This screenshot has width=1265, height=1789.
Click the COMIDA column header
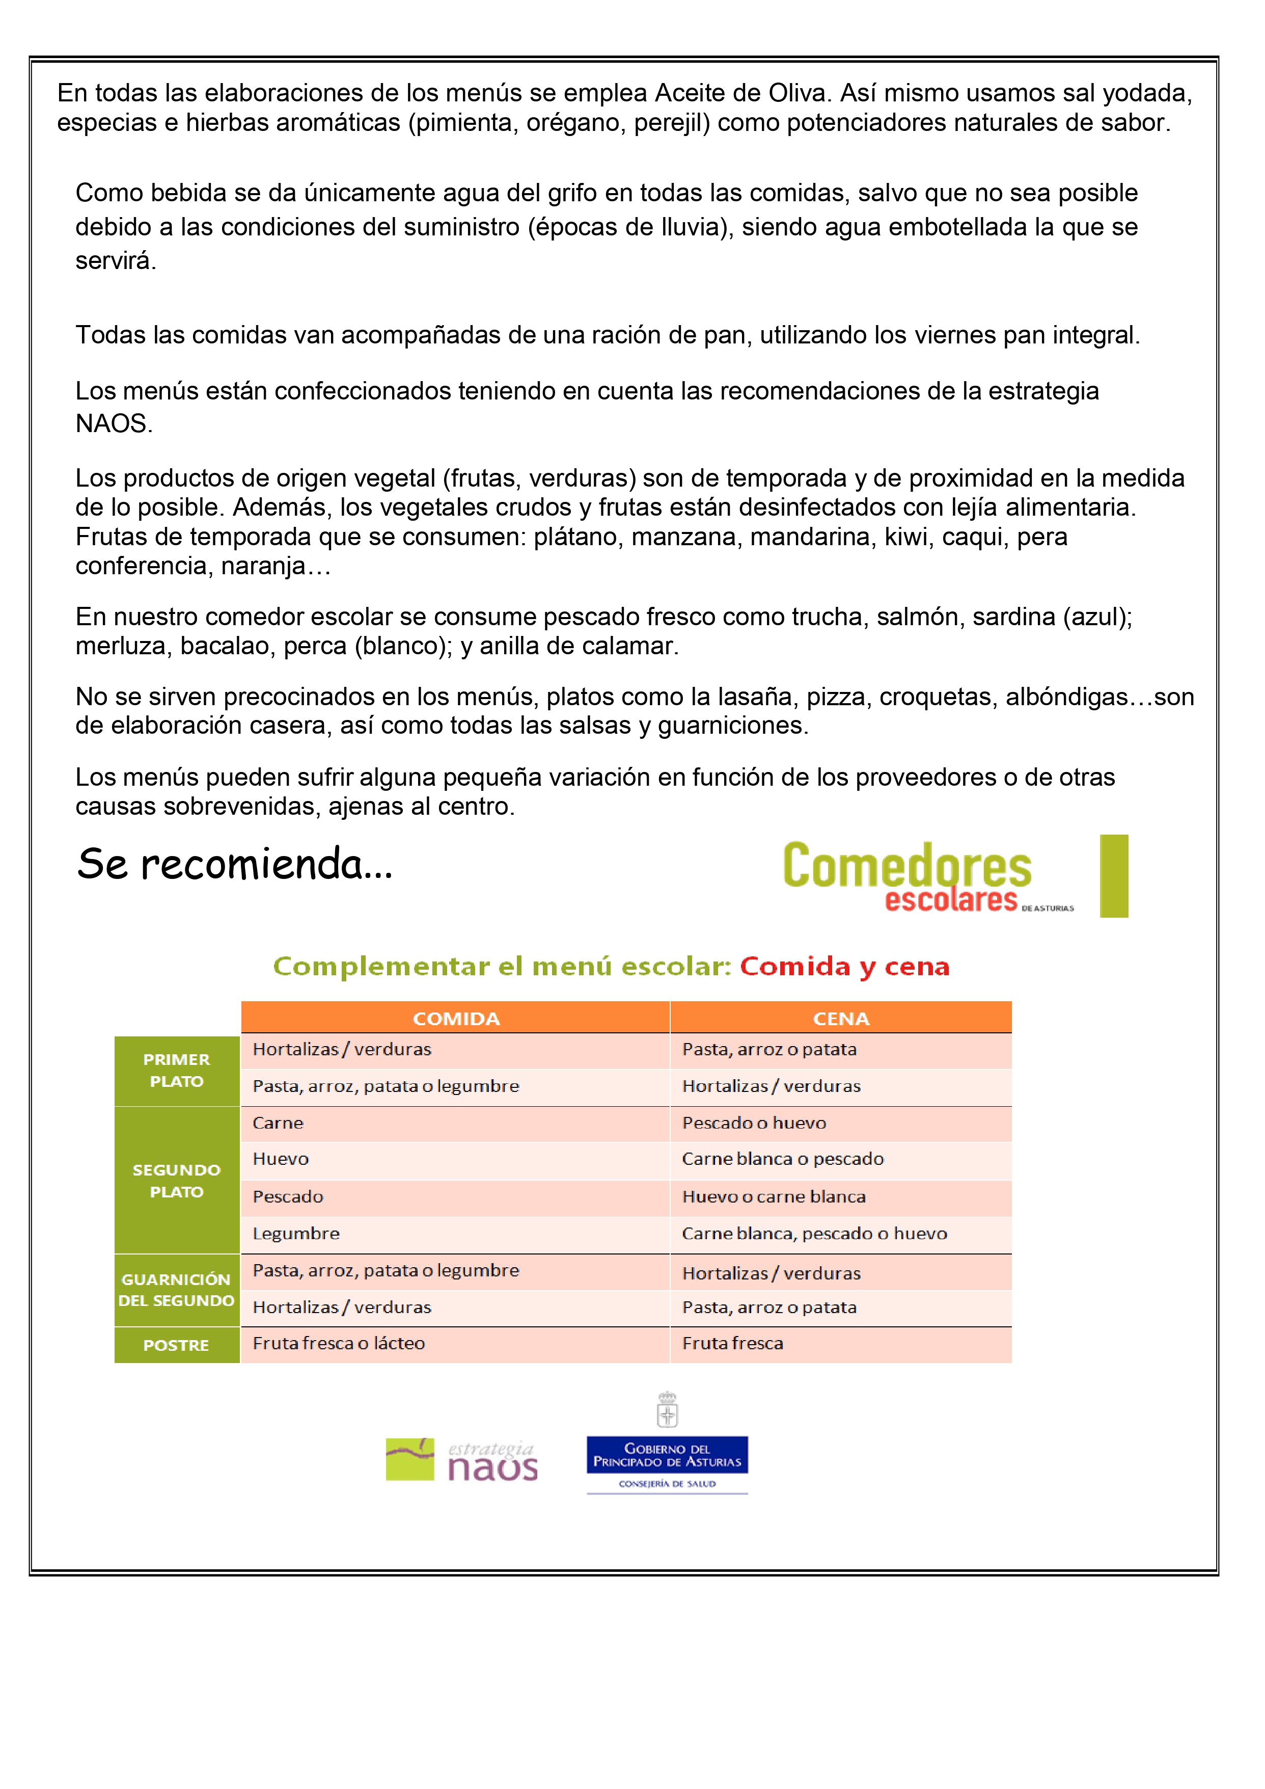(456, 1019)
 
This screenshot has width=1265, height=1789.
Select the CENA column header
(840, 1019)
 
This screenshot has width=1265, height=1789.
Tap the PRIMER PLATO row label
(177, 1070)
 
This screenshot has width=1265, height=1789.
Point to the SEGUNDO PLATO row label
(177, 1181)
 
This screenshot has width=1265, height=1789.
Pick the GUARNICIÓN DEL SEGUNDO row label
(176, 1290)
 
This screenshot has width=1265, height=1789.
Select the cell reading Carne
(278, 1123)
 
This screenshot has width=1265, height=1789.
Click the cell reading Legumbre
(296, 1234)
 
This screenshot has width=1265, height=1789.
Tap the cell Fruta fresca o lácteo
(339, 1343)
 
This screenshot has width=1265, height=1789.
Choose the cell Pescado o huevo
(754, 1123)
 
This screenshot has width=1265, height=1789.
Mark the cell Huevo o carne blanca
(774, 1197)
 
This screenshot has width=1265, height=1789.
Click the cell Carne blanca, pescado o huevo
(814, 1234)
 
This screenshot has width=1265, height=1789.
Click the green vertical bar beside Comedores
(1114, 876)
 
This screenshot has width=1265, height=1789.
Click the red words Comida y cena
(844, 966)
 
